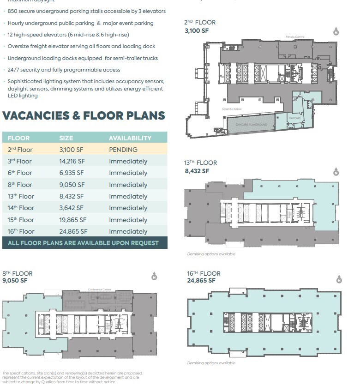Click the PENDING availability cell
(x=123, y=150)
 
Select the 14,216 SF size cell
(x=72, y=161)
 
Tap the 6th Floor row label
(x=20, y=173)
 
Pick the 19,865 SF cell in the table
(x=72, y=220)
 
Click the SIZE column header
(x=66, y=138)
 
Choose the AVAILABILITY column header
(x=130, y=138)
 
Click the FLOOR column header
(x=18, y=138)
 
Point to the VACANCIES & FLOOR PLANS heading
(x=84, y=115)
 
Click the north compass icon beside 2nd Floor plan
(x=336, y=31)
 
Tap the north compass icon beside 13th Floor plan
(x=336, y=172)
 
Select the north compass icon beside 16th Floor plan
(x=339, y=279)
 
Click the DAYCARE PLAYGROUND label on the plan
(x=252, y=125)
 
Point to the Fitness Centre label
(x=295, y=36)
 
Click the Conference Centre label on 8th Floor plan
(x=98, y=289)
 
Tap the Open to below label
(x=232, y=109)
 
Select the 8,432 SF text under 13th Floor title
(x=197, y=171)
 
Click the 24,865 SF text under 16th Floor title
(x=201, y=280)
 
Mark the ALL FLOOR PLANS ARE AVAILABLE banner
(x=84, y=243)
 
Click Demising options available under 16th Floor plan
(x=211, y=363)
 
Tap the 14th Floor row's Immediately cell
(x=128, y=208)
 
